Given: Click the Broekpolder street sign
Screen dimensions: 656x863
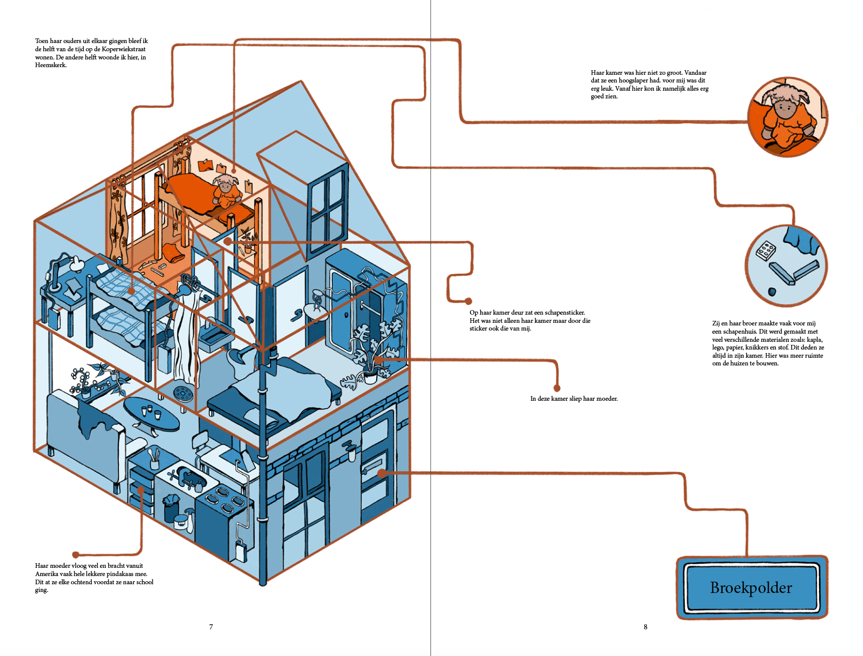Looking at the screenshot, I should click(x=751, y=587).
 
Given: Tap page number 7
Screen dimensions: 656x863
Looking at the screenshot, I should click(x=211, y=627).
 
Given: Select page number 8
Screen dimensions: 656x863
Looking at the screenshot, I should click(x=645, y=627).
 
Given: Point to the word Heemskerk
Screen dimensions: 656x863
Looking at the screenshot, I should click(x=50, y=66).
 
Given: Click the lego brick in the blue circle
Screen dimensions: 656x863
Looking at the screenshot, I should click(x=766, y=251).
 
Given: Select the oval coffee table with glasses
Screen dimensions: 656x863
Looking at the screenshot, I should click(x=152, y=414).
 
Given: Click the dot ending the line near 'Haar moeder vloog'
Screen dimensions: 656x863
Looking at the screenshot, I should click(x=76, y=555).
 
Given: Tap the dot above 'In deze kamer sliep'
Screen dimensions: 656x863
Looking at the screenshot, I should click(x=557, y=388).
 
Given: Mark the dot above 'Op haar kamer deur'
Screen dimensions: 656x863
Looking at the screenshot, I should click(x=468, y=301).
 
